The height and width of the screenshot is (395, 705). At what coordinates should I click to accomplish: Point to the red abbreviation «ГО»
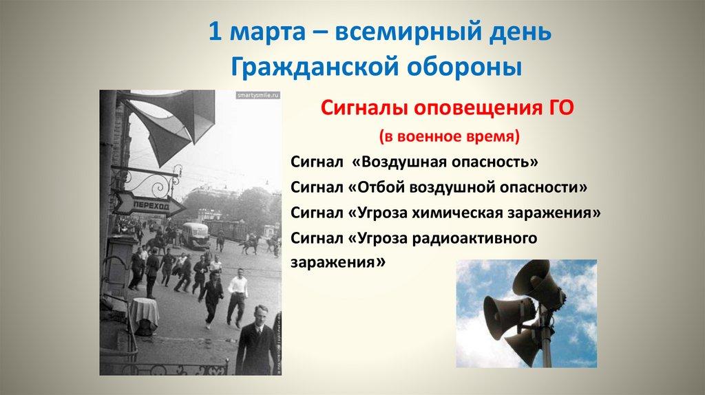click(559, 108)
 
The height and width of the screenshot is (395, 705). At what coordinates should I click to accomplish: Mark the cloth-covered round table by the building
click(145, 314)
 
